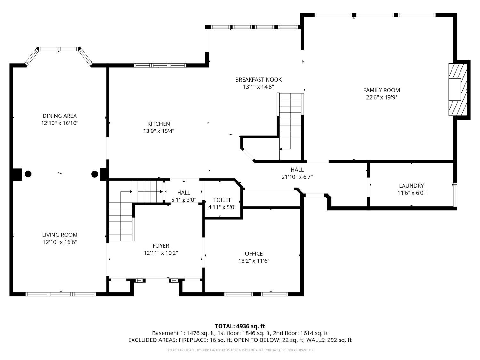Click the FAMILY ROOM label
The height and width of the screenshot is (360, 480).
[x=381, y=90]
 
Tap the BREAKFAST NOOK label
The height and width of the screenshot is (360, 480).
[x=258, y=80]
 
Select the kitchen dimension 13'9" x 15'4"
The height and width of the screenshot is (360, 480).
[x=159, y=131]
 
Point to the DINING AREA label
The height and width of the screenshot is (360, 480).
[x=60, y=116]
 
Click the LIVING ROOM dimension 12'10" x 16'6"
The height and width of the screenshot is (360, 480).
[x=60, y=242]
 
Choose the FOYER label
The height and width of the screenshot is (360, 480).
[x=161, y=246]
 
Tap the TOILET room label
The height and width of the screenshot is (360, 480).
[x=222, y=200]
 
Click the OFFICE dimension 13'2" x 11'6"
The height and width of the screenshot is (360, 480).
[x=254, y=261]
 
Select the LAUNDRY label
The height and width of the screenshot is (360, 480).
[x=411, y=186]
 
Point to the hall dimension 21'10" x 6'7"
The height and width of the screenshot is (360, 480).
[x=297, y=177]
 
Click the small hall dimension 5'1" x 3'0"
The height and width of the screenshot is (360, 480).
[x=184, y=200]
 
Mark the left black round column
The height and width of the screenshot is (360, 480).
[x=28, y=174]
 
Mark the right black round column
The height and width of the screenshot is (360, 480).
[x=94, y=174]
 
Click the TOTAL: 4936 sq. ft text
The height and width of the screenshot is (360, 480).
[x=240, y=326]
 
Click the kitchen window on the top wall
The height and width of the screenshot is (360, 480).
[x=160, y=66]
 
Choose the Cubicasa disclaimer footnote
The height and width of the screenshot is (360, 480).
[x=240, y=350]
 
